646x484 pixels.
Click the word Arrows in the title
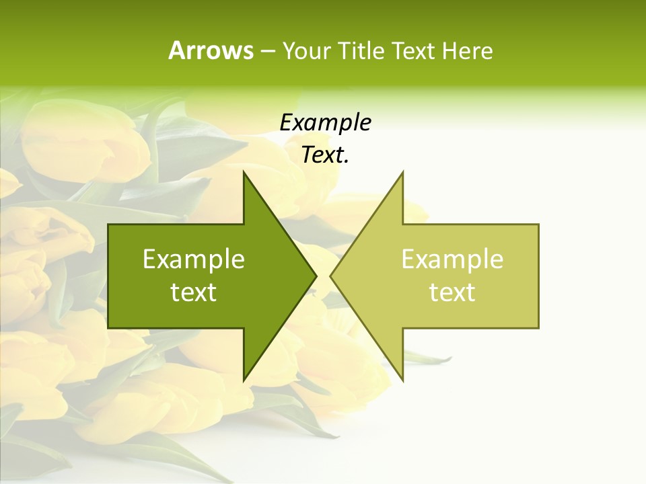(210, 50)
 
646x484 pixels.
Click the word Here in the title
(468, 51)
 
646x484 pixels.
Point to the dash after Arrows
(267, 52)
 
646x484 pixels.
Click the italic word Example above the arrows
(325, 123)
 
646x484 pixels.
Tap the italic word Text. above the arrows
(325, 155)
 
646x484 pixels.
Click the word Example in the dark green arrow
(194, 259)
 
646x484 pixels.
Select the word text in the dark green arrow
(194, 292)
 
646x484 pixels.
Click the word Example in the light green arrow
(452, 259)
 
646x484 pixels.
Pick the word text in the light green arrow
(452, 292)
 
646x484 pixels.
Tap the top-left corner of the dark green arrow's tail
(109, 225)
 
